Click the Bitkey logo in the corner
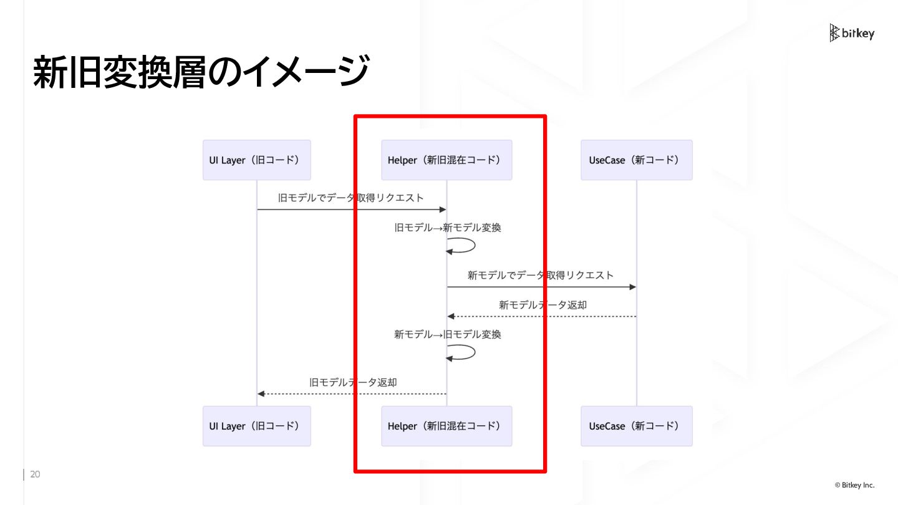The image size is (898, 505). pyautogui.click(x=851, y=33)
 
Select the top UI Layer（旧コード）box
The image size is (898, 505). pyautogui.click(x=256, y=160)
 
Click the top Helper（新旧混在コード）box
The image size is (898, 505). pyautogui.click(x=447, y=160)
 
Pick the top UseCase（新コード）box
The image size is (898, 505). pyautogui.click(x=636, y=160)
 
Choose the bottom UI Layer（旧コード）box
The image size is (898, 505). pyautogui.click(x=256, y=426)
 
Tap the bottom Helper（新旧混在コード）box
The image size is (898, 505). pyautogui.click(x=447, y=426)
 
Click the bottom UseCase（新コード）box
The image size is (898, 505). pyautogui.click(x=636, y=426)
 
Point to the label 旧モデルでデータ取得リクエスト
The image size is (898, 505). pyautogui.click(x=350, y=198)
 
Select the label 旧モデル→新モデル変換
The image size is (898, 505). pyautogui.click(x=447, y=228)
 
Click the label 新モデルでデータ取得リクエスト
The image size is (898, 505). pyautogui.click(x=540, y=275)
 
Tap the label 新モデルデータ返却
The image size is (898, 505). pyautogui.click(x=543, y=305)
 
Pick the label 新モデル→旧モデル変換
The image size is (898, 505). pyautogui.click(x=447, y=335)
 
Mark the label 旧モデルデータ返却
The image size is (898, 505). pyautogui.click(x=353, y=382)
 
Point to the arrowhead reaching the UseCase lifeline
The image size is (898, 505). pyautogui.click(x=632, y=287)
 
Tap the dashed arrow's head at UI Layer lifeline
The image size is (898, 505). pyautogui.click(x=261, y=394)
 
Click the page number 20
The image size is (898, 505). pyautogui.click(x=35, y=475)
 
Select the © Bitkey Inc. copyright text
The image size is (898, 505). pyautogui.click(x=854, y=485)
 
